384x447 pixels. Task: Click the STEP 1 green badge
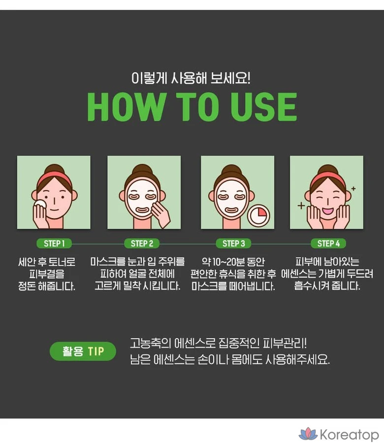pyautogui.click(x=54, y=244)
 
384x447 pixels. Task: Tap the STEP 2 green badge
pyautogui.click(x=142, y=244)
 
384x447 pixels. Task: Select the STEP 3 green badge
pyautogui.click(x=233, y=244)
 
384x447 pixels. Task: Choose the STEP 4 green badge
pyautogui.click(x=328, y=244)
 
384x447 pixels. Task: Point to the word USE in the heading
pyautogui.click(x=264, y=107)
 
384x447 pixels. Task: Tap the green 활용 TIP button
pyautogui.click(x=83, y=351)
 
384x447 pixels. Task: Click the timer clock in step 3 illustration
pyautogui.click(x=258, y=216)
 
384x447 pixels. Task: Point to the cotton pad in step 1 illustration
pyautogui.click(x=40, y=204)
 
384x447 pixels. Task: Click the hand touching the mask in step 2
pyautogui.click(x=160, y=214)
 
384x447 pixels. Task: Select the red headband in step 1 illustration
pyautogui.click(x=54, y=178)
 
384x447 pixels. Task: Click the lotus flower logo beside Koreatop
pyautogui.click(x=308, y=434)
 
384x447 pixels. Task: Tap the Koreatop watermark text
pyautogui.click(x=350, y=435)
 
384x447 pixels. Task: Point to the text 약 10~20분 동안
pyautogui.click(x=233, y=261)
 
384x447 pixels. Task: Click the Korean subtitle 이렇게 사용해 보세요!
pyautogui.click(x=191, y=78)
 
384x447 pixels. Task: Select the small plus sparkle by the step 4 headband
pyautogui.click(x=353, y=189)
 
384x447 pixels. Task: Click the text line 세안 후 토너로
pyautogui.click(x=47, y=261)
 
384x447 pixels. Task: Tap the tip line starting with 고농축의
pyautogui.click(x=219, y=343)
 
